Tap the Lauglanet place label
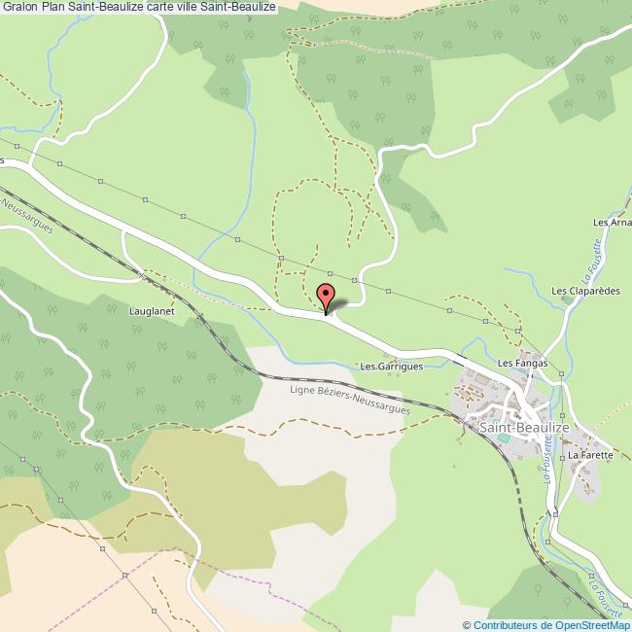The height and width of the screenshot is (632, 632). [x=150, y=312]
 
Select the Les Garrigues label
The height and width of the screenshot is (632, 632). [x=391, y=367]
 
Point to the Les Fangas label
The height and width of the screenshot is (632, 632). [x=523, y=363]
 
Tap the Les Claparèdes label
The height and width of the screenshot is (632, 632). [x=585, y=291]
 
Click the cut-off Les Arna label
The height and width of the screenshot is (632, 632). [x=613, y=222]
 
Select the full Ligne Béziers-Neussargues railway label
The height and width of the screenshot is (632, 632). [x=351, y=399]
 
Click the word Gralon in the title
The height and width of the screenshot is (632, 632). [x=20, y=7]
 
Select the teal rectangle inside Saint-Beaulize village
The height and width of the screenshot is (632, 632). [x=503, y=439]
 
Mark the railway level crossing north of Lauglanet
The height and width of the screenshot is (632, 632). [x=142, y=275]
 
